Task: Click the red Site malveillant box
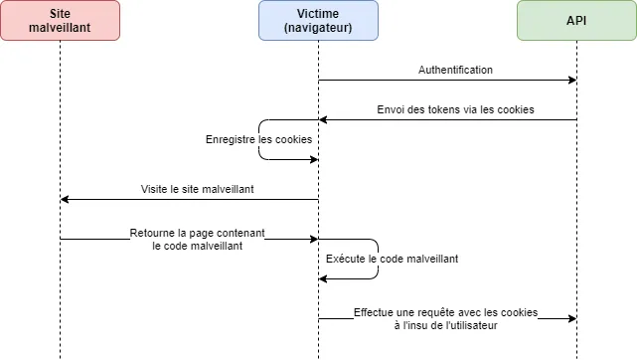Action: coord(60,20)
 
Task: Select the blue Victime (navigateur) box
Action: coord(318,20)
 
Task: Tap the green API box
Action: coord(576,20)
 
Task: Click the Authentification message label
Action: coord(454,70)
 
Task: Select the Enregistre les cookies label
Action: coord(257,140)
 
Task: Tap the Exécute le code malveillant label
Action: coord(393,259)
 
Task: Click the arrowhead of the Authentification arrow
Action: coord(572,80)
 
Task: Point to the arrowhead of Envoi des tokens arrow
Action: coord(323,119)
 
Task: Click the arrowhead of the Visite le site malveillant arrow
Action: coord(65,199)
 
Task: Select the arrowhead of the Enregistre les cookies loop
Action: coord(314,159)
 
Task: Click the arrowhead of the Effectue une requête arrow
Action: coord(572,318)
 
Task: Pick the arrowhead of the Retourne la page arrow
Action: coord(314,239)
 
